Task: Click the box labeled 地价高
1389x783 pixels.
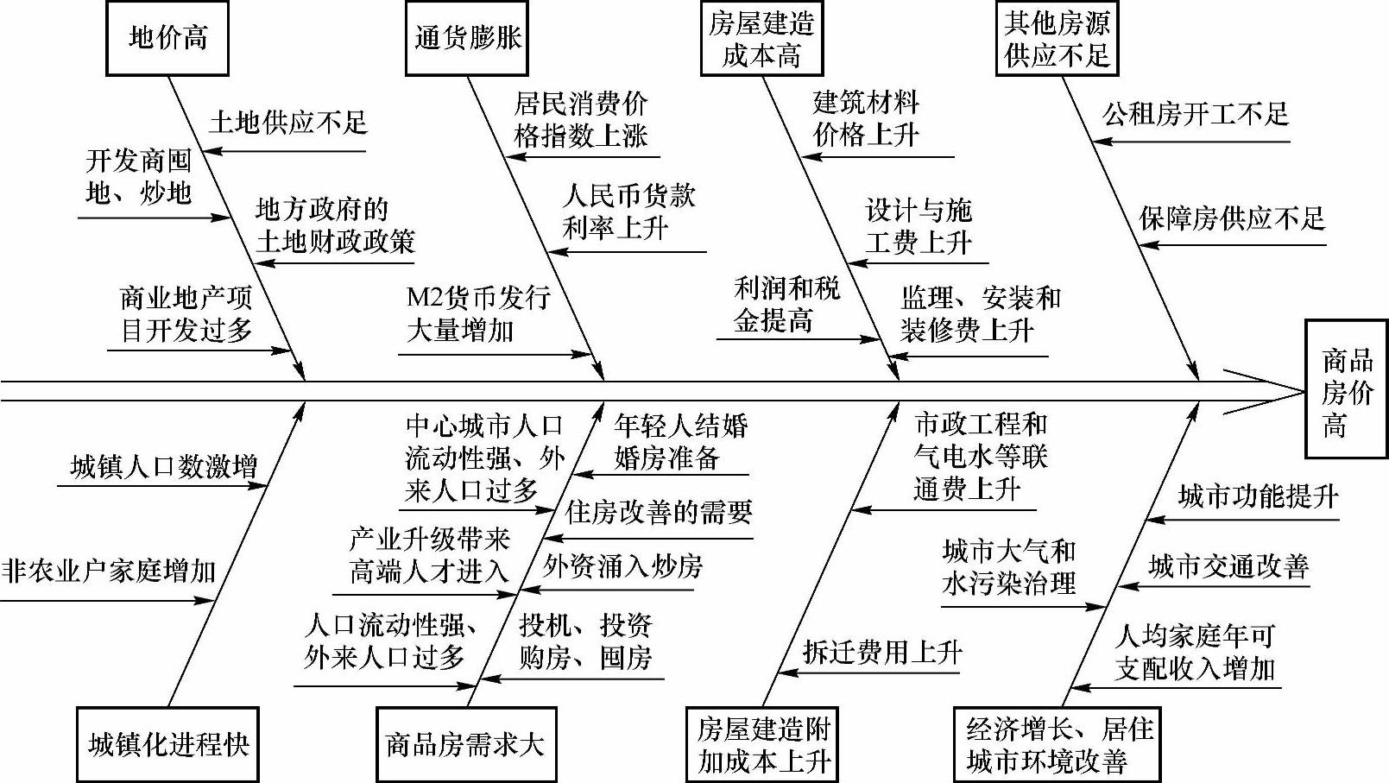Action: pos(167,38)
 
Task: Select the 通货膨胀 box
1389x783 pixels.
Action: pos(467,38)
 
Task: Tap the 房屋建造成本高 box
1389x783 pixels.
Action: pos(761,39)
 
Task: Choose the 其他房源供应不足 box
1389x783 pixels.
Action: pos(1057,39)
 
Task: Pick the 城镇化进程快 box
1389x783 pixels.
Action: pos(168,744)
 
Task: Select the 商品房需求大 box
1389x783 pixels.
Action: pos(466,744)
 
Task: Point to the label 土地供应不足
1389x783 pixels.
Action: pos(287,123)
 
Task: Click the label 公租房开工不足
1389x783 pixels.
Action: pos(1195,114)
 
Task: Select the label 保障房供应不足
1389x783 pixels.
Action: pos(1231,218)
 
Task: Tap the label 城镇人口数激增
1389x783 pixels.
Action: pos(164,467)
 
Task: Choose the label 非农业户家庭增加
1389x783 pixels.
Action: pos(109,571)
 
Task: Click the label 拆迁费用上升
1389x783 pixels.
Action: pos(881,652)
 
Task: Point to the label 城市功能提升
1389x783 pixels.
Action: pos(1258,496)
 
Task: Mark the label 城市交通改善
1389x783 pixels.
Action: pos(1228,567)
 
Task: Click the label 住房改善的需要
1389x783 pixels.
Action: pos(659,513)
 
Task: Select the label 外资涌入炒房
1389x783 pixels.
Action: pos(622,566)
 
